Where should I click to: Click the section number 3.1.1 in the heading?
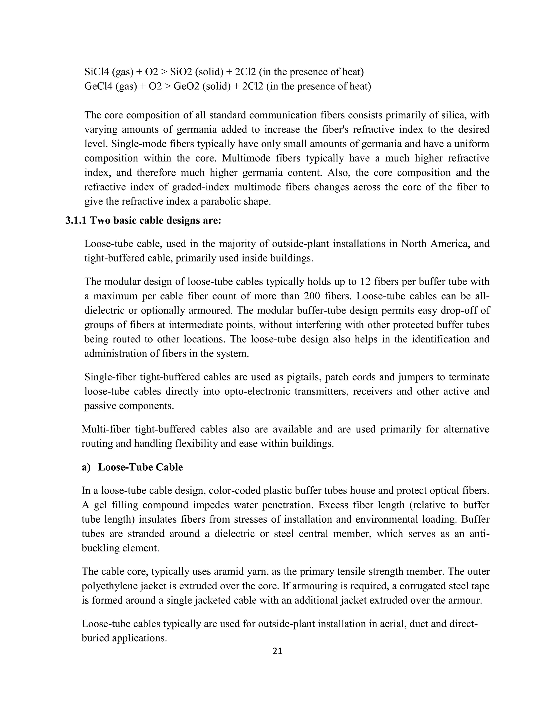click(x=76, y=220)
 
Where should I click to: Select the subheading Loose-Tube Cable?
click(x=140, y=467)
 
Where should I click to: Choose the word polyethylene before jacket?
click(x=111, y=586)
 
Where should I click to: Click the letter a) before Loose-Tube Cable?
click(x=86, y=467)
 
